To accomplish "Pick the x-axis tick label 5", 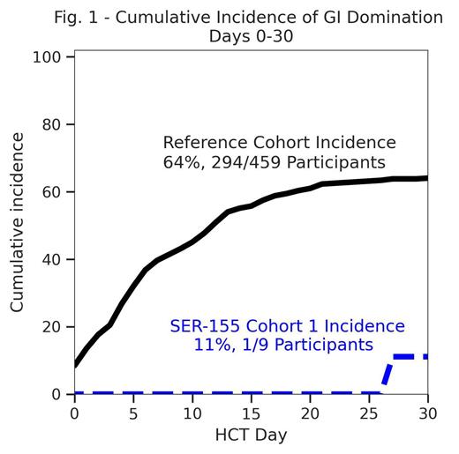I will [x=133, y=413].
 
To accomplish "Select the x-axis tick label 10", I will [x=192, y=413].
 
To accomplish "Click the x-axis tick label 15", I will [x=252, y=413].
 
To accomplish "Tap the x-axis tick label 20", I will [x=310, y=413].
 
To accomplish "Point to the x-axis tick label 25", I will [x=369, y=413].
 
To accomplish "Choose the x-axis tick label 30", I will [x=427, y=413].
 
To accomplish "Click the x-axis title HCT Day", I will [x=251, y=435].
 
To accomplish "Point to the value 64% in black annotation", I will [x=180, y=163].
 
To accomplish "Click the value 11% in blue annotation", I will [x=210, y=345].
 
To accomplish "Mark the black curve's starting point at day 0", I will [x=75, y=364].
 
